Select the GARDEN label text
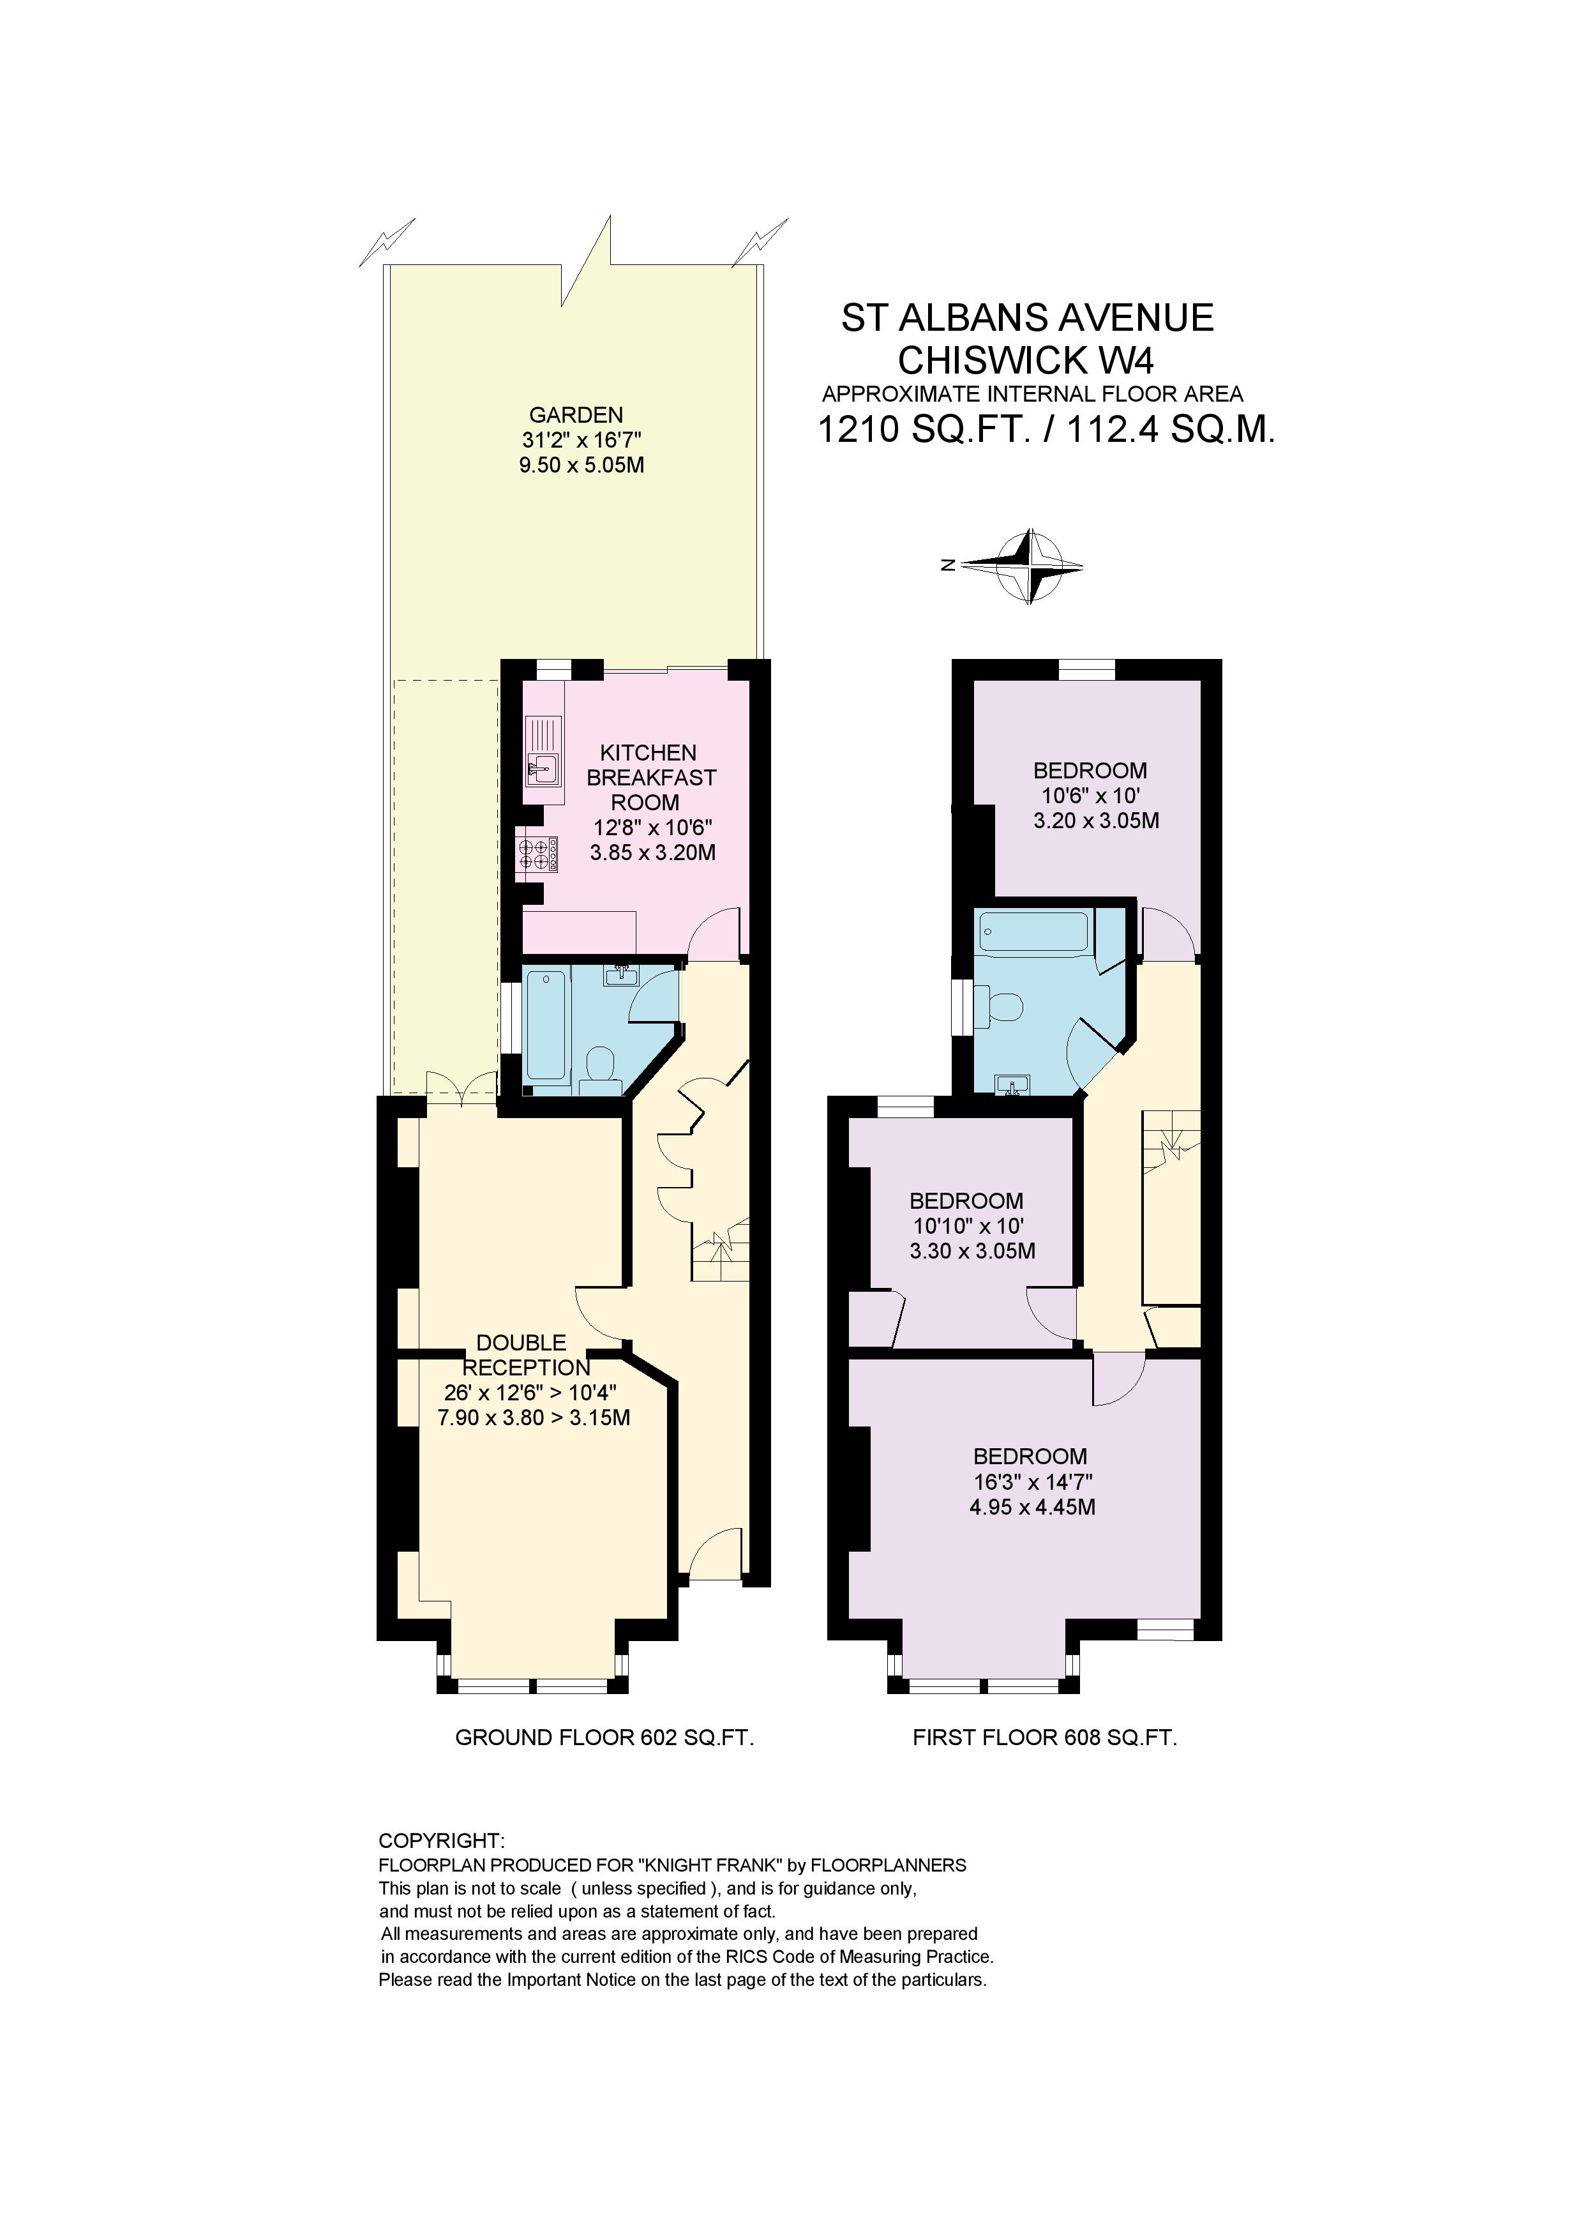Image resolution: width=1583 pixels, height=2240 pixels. (576, 414)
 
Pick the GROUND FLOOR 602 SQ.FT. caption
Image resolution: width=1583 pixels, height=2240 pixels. (604, 1737)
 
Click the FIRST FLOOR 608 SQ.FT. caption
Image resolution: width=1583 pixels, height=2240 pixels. (1045, 1737)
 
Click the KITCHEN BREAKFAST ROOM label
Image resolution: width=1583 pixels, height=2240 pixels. (650, 778)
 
